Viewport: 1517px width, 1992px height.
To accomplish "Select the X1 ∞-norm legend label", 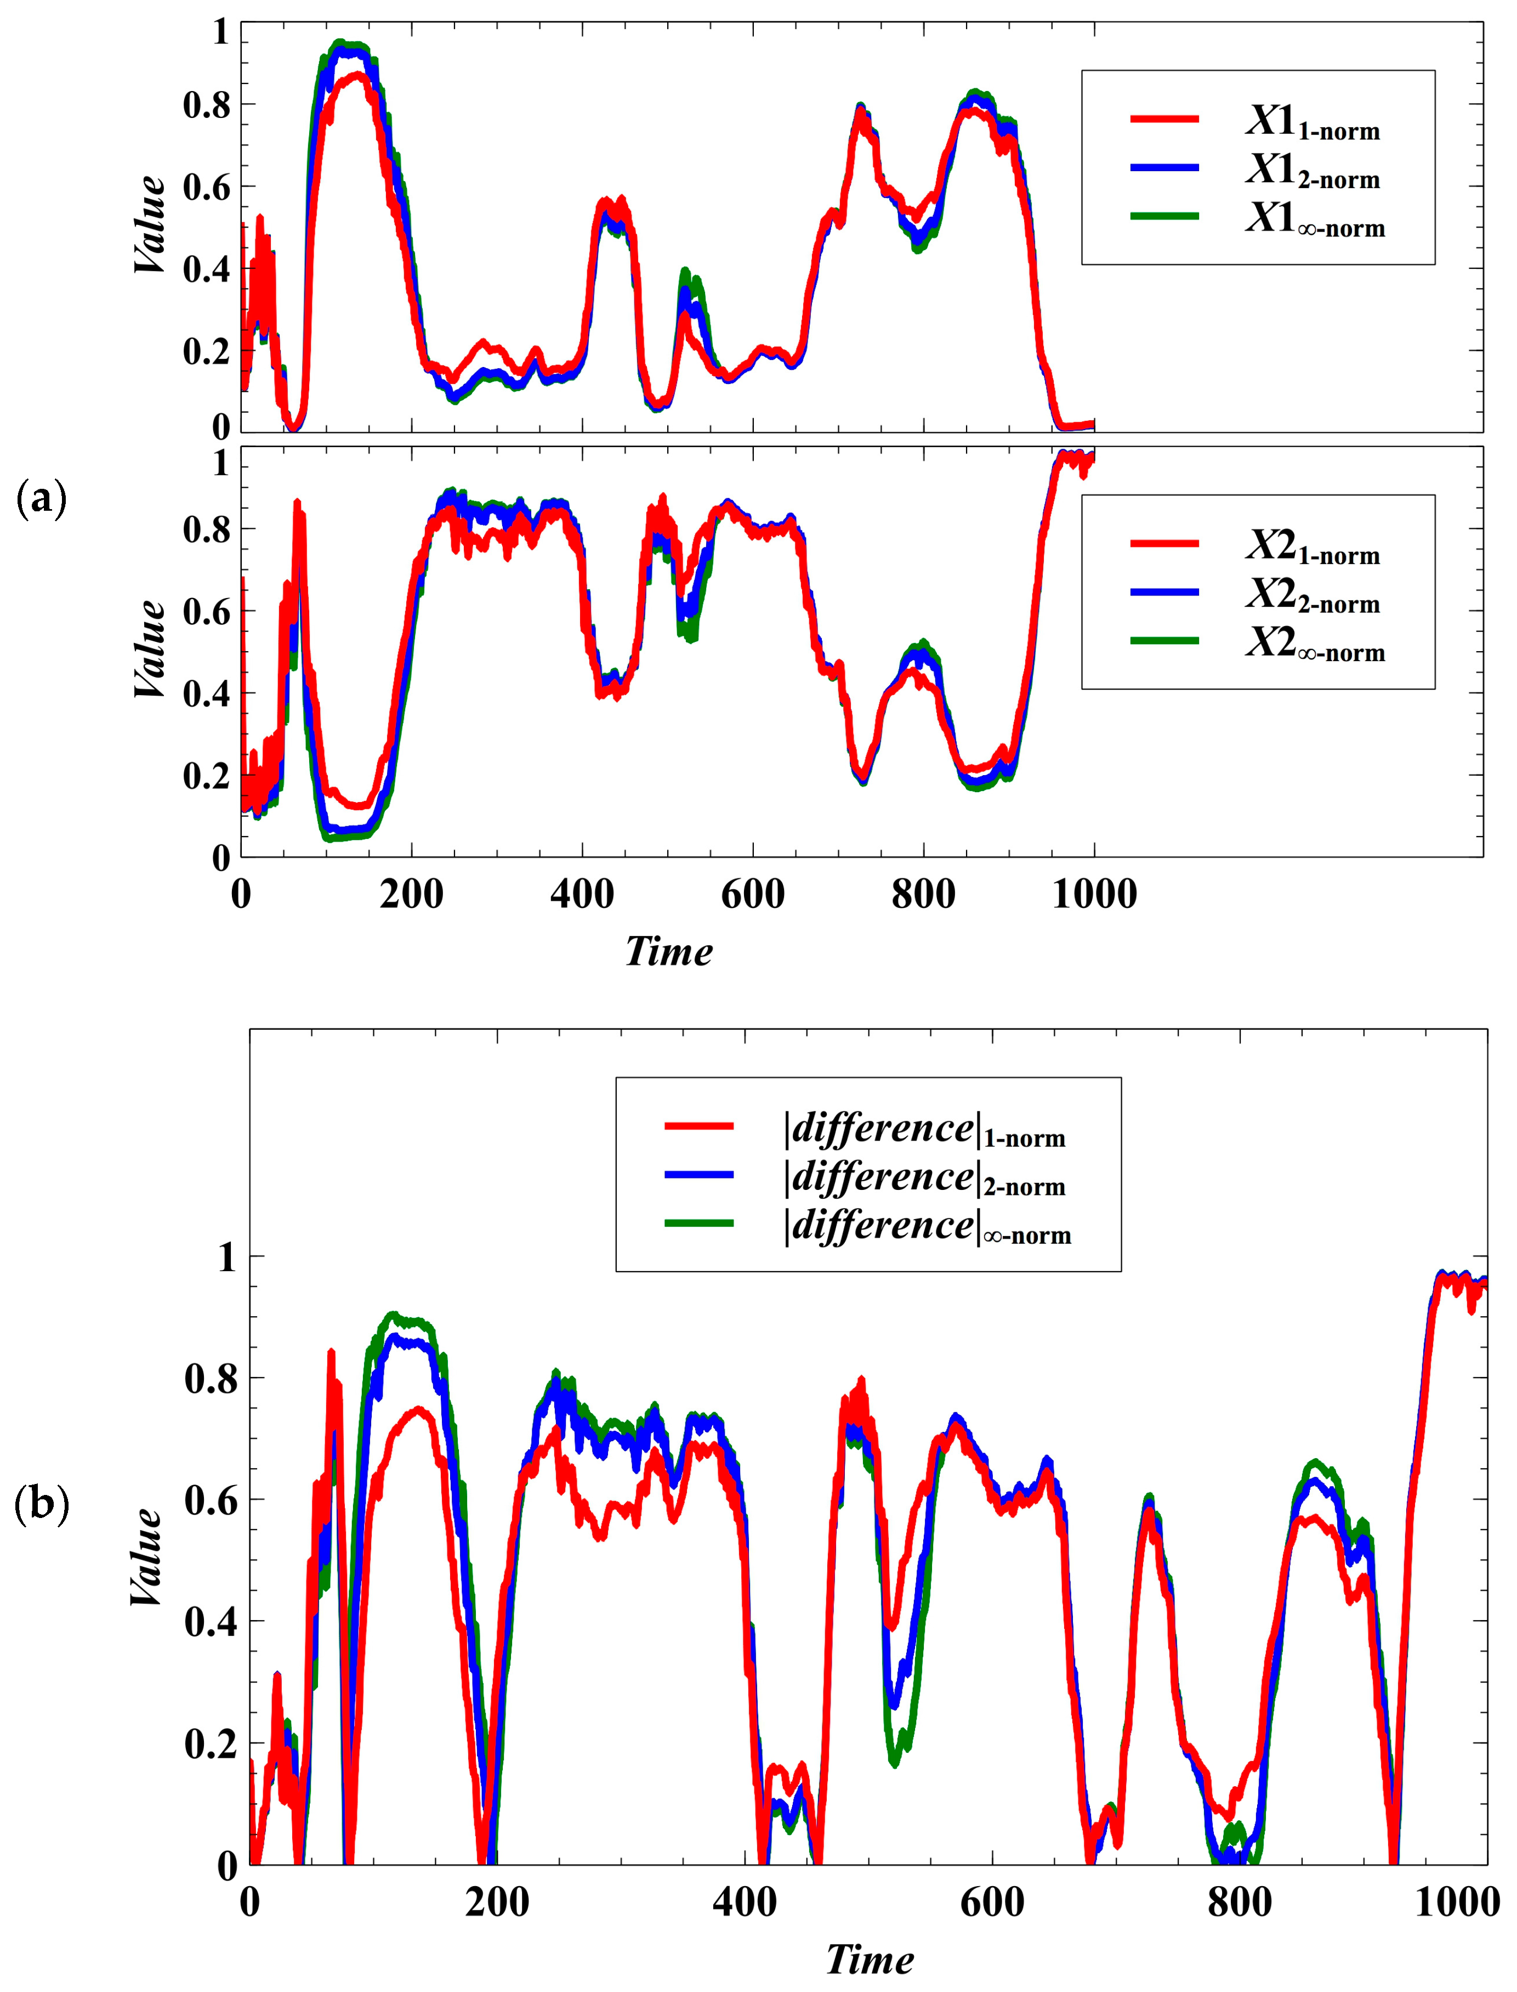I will [x=1315, y=219].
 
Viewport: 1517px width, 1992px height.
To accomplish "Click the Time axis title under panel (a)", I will [x=668, y=951].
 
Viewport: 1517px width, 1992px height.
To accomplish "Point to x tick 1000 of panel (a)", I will [x=1094, y=894].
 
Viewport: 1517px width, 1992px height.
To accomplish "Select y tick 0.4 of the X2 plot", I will [x=207, y=694].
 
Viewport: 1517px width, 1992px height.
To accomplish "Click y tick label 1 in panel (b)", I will [x=226, y=1257].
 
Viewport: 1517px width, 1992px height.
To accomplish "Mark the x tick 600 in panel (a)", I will [x=752, y=894].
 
